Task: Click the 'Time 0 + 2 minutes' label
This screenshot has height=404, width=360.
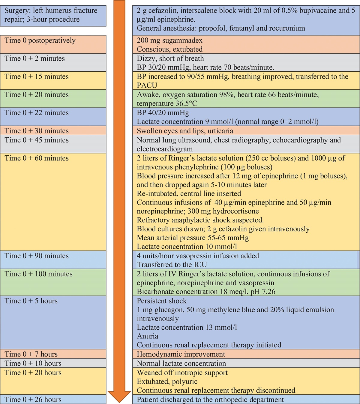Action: point(34,58)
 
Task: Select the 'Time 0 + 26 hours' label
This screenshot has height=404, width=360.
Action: point(33,400)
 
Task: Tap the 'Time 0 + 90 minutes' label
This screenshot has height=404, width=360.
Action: point(37,256)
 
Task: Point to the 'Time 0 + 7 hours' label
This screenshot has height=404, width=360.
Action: point(31,354)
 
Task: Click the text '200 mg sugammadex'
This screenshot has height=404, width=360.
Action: point(169,40)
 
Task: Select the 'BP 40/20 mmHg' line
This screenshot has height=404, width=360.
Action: point(163,113)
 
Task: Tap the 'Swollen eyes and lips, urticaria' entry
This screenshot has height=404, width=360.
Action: point(185,131)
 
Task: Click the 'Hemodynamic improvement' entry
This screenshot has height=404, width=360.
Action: point(181,354)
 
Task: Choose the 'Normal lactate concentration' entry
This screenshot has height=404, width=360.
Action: point(181,364)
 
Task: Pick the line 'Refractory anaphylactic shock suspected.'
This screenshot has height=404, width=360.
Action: point(200,220)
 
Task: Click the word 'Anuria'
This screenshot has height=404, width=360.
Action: point(147,336)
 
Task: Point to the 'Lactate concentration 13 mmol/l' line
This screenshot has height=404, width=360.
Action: point(187,327)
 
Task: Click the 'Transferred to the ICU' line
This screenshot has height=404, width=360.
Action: point(172,265)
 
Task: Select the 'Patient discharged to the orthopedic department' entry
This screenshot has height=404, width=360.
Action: point(210,400)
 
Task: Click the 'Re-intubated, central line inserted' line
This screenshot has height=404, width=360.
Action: point(189,193)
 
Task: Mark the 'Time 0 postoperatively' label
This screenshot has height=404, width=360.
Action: point(40,40)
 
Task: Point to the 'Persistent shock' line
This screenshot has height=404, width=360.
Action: point(162,301)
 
